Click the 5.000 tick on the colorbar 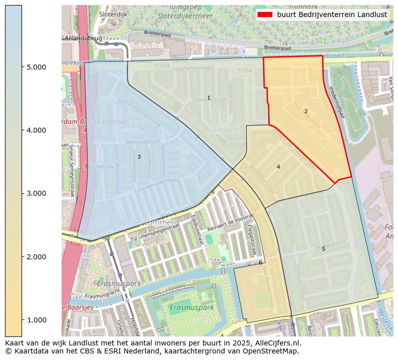click(x=36, y=67)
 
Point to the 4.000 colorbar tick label click(x=36, y=130)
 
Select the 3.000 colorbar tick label click(x=36, y=193)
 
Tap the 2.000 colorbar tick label click(x=36, y=257)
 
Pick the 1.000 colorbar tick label click(x=36, y=320)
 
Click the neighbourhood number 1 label click(x=209, y=98)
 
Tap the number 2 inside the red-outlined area click(x=306, y=111)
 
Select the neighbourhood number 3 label click(x=139, y=157)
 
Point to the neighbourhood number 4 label click(x=278, y=167)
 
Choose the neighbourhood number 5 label click(x=323, y=249)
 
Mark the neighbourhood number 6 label click(x=260, y=262)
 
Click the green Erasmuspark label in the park click(x=192, y=307)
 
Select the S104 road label click(x=244, y=71)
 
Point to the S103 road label click(x=162, y=66)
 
